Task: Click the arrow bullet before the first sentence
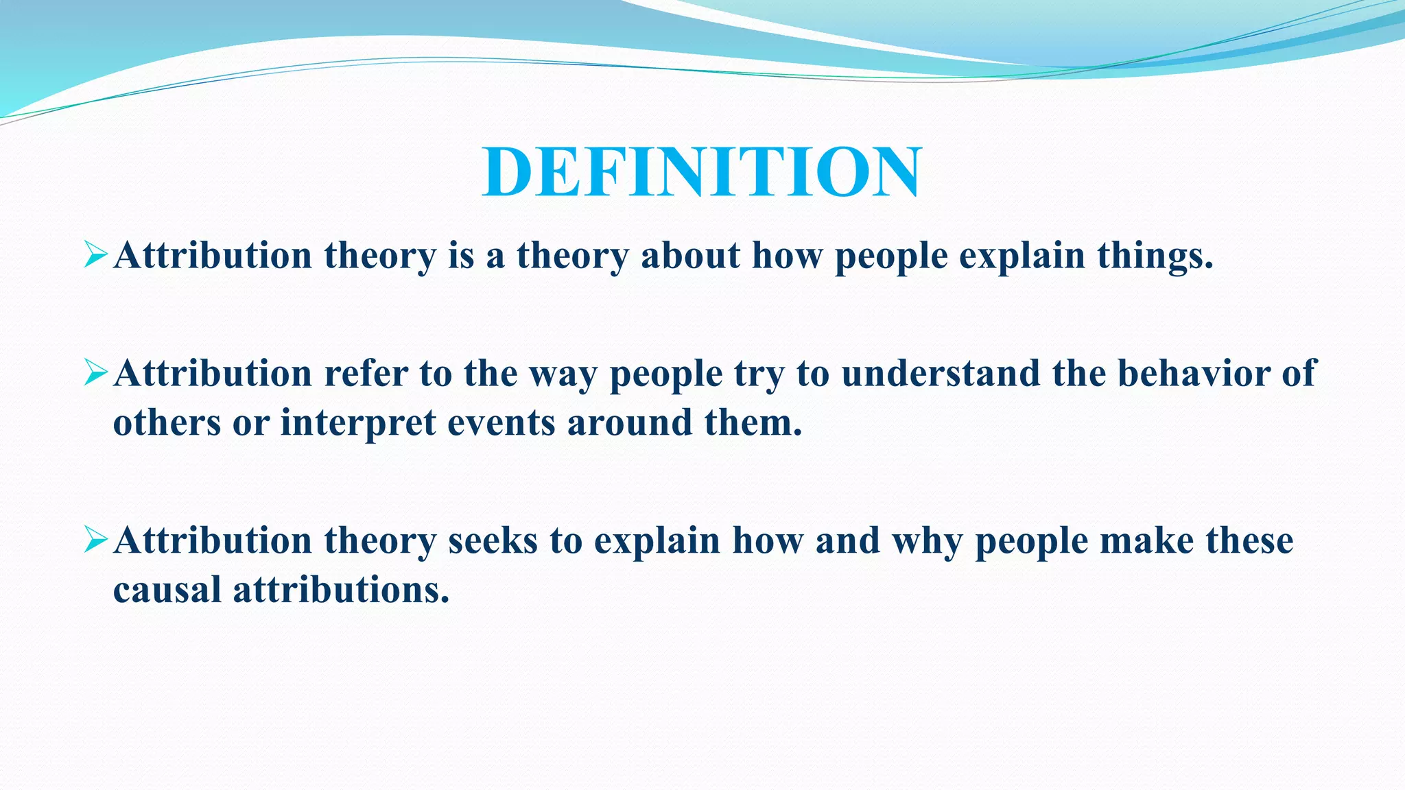click(x=95, y=255)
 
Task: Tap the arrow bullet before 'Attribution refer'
click(x=95, y=373)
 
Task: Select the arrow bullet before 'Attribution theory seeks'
click(x=95, y=540)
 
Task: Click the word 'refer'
click(x=366, y=374)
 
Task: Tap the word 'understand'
click(x=941, y=374)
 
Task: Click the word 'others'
click(x=167, y=422)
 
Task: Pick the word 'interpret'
click(x=358, y=422)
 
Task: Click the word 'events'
click(x=501, y=422)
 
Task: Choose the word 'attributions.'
click(x=341, y=590)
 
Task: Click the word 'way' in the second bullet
click(x=563, y=375)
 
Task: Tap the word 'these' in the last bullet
click(x=1249, y=541)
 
